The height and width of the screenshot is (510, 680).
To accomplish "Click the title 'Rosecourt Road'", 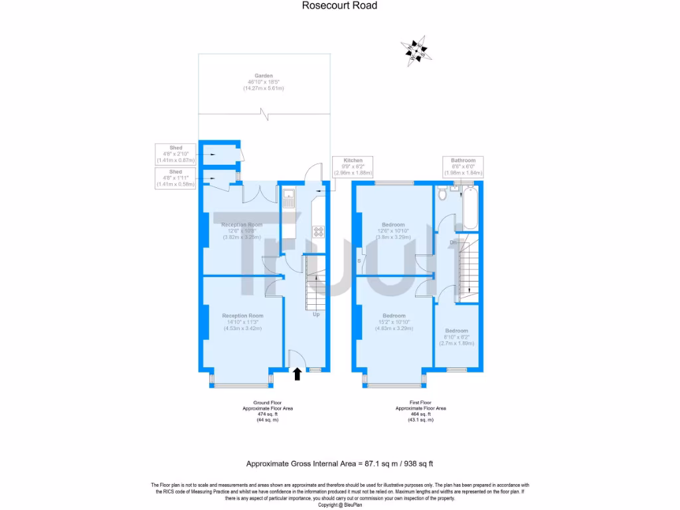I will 339,6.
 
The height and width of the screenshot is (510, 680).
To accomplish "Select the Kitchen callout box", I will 353,166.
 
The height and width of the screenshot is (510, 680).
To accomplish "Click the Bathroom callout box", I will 463,166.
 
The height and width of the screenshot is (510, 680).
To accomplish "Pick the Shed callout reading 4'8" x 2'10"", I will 175,153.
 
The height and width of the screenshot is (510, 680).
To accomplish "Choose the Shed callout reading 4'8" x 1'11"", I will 175,178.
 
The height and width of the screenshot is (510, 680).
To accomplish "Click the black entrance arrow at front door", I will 297,375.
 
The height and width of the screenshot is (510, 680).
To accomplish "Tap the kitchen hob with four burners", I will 319,232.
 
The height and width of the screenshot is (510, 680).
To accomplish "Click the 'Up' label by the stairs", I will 316,314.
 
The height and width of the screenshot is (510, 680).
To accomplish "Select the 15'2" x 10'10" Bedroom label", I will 394,321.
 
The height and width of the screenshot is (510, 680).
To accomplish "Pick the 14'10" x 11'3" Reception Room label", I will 242,321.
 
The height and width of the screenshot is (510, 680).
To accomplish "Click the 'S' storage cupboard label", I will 359,261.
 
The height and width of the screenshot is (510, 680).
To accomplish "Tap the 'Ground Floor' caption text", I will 267,402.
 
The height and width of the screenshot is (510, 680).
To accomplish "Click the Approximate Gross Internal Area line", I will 339,464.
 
